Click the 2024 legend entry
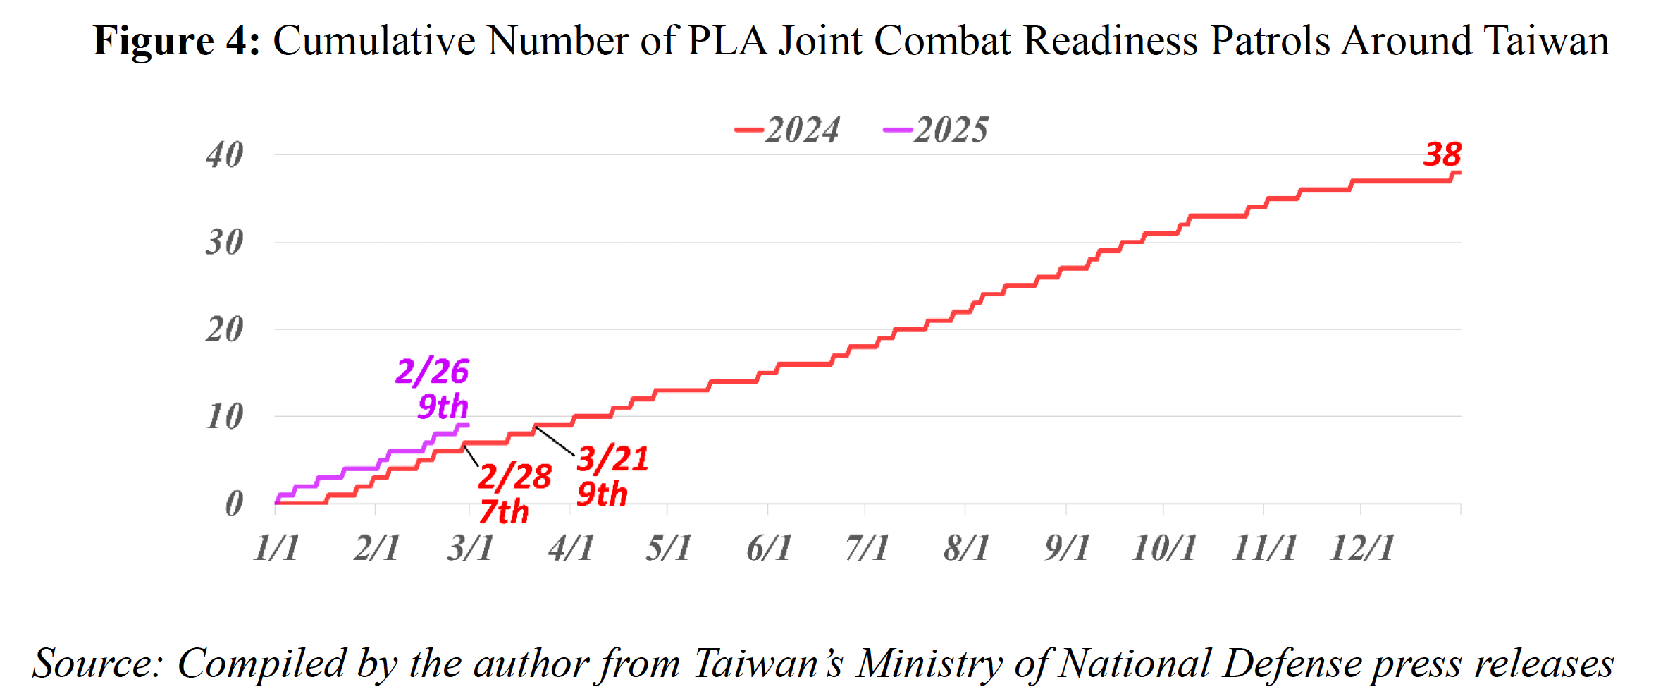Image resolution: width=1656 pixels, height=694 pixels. pos(787,130)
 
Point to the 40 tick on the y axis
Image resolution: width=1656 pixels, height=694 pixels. pos(225,154)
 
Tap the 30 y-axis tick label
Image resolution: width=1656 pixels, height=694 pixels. pos(225,242)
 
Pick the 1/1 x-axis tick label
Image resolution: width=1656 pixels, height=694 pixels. pos(276,547)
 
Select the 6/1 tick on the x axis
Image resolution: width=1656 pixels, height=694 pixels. pos(769,547)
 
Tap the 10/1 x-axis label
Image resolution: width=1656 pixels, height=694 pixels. pos(1163,547)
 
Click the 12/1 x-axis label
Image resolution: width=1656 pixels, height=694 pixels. pos(1361,547)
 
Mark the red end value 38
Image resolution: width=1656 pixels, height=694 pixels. pos(1442,154)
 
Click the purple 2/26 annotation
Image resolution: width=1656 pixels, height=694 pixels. pos(432,371)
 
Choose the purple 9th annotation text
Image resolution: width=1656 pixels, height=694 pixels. pos(443,406)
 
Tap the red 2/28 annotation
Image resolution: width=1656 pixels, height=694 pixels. pos(514,476)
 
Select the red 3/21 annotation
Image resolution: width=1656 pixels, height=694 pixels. pos(612,458)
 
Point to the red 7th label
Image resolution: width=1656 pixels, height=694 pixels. pos(503,511)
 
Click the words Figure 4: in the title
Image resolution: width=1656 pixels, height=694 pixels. pos(176,40)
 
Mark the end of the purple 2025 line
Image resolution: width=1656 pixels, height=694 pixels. pos(466,425)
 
